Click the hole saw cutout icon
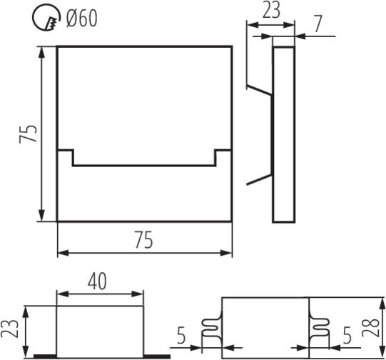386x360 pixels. (46, 17)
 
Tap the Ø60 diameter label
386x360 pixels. (82, 19)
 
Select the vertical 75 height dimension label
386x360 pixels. (28, 134)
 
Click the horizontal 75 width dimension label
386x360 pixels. (143, 239)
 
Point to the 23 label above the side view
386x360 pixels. (271, 10)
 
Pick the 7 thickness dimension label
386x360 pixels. (318, 24)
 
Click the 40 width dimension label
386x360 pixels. (97, 281)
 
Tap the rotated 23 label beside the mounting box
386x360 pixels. (9, 328)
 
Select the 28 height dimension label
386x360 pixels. (370, 327)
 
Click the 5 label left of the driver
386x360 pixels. (181, 336)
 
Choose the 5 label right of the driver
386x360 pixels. (347, 336)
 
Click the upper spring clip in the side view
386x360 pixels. (259, 90)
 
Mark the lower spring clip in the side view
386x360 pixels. (259, 179)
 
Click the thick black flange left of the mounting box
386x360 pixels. (45, 356)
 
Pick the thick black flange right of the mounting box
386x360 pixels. (157, 356)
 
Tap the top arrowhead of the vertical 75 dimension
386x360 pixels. (42, 51)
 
